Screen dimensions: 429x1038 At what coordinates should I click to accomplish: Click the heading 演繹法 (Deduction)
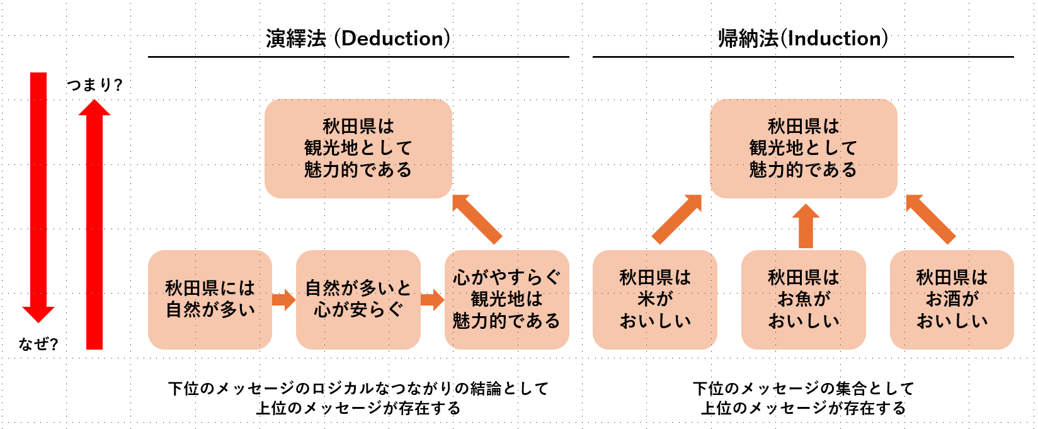pos(358,38)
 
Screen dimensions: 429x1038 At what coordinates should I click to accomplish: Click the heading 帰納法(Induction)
pos(803,38)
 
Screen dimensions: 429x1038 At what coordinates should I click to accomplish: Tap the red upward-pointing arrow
pos(94,227)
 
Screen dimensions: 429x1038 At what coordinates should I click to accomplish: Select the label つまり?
pos(94,84)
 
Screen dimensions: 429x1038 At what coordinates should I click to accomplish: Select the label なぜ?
pos(38,344)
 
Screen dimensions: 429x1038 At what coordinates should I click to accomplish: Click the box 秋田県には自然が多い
pos(210,299)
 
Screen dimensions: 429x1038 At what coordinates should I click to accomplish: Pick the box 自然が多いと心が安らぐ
pos(358,299)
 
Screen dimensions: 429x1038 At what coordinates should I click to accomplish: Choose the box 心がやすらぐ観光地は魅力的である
pos(506,299)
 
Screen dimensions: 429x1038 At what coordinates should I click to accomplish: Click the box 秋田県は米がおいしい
pos(655,299)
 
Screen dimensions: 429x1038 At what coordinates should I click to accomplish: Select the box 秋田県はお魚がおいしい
pos(803,299)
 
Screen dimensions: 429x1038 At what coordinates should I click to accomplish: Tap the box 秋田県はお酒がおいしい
pos(952,299)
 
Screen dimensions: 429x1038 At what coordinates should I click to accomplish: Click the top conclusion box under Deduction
pos(358,149)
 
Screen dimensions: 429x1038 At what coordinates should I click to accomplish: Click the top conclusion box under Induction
pos(803,149)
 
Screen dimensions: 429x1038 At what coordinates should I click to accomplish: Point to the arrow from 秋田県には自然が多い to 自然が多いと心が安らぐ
pos(284,299)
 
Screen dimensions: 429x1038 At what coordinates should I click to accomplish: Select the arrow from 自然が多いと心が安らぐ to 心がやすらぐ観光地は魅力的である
pos(432,299)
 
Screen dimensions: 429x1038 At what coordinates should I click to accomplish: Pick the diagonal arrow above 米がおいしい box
pos(676,219)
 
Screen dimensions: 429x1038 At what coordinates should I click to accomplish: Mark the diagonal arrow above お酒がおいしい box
pos(930,219)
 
